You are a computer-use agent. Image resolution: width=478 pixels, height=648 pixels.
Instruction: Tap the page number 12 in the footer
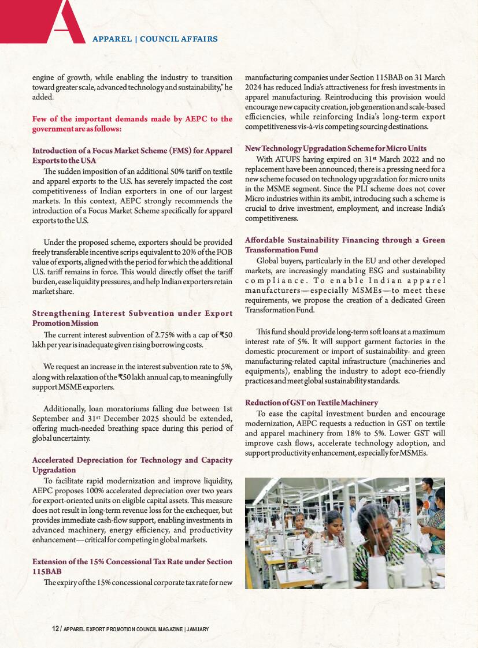click(55, 628)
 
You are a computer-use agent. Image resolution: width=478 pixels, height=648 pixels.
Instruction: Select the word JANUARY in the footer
click(198, 628)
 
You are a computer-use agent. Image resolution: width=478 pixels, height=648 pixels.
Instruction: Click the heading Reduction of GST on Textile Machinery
click(312, 403)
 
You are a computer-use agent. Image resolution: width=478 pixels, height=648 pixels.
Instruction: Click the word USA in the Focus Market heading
click(87, 161)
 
